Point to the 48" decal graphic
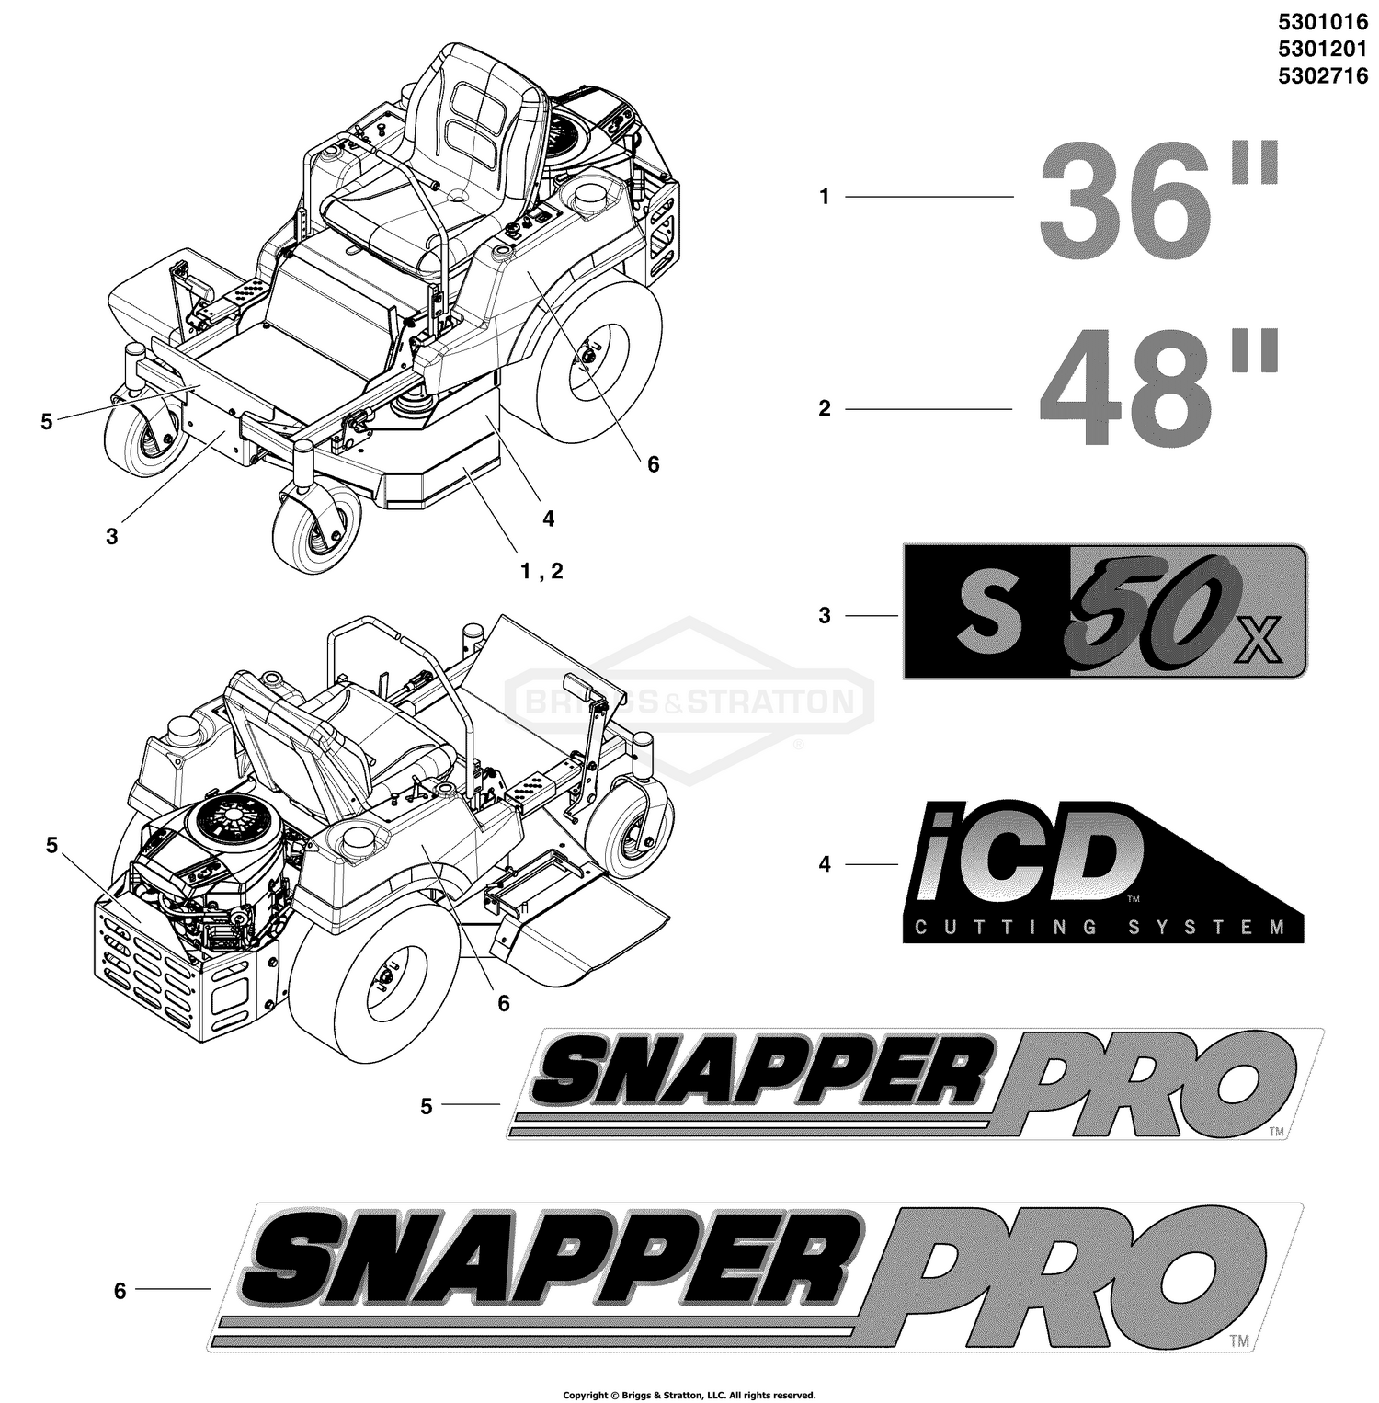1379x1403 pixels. (1158, 394)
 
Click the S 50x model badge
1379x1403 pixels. (1104, 611)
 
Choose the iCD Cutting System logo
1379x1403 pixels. (1103, 871)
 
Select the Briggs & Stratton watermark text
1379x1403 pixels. (689, 703)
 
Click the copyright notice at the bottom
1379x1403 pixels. (689, 1395)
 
